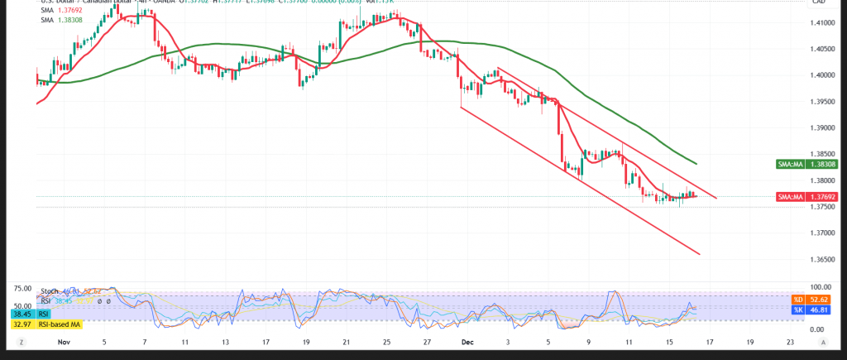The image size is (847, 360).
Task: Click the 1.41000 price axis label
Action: [821, 23]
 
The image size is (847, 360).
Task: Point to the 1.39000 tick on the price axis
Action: [821, 128]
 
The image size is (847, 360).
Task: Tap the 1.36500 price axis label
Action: [821, 260]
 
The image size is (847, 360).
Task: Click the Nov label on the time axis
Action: [64, 341]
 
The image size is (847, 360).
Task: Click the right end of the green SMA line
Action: [695, 164]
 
